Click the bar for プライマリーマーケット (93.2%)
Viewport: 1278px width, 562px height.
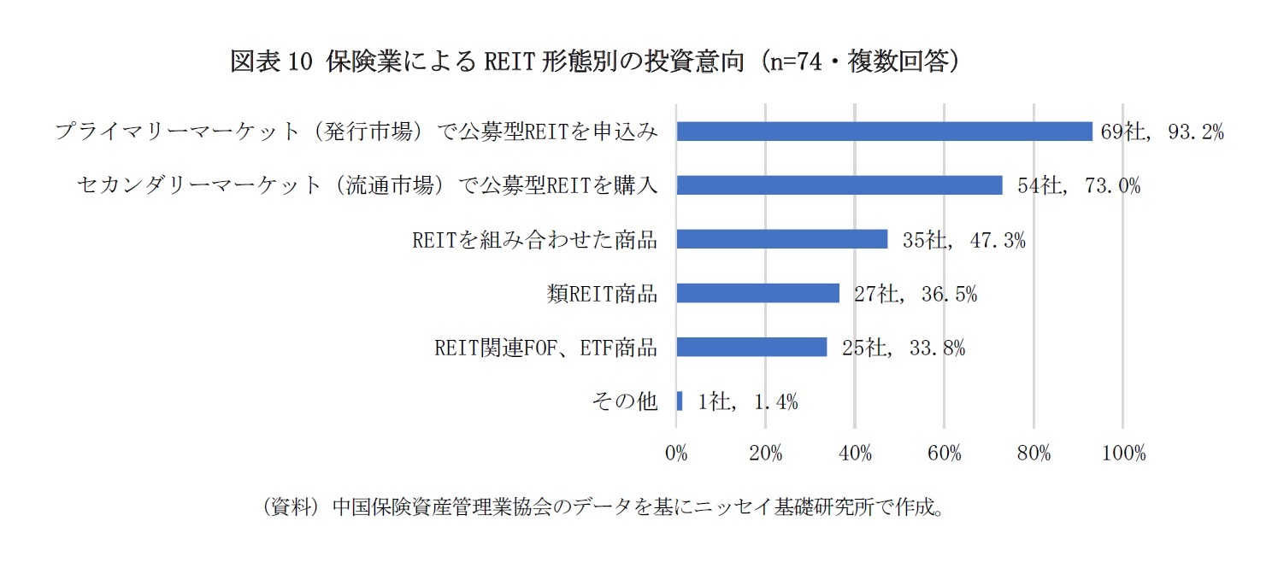click(x=884, y=132)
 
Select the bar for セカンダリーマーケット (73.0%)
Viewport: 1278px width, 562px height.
click(x=839, y=185)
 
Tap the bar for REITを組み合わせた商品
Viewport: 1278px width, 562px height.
click(x=781, y=239)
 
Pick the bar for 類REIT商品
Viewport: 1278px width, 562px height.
click(x=757, y=293)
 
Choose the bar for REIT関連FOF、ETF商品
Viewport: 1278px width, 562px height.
click(x=751, y=347)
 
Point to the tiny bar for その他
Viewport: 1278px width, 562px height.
click(x=680, y=401)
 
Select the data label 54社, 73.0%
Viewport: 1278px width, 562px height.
click(x=1079, y=185)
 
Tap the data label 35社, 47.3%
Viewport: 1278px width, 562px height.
click(x=963, y=240)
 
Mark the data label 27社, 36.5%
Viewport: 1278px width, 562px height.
click(x=915, y=294)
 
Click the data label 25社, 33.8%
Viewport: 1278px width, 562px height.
click(x=903, y=348)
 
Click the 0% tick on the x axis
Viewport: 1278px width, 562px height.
click(x=676, y=454)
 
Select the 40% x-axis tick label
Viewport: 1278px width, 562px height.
click(x=855, y=454)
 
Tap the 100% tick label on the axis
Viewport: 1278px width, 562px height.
click(x=1123, y=454)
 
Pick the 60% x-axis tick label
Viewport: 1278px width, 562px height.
click(x=945, y=454)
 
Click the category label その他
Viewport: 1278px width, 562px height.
click(x=625, y=401)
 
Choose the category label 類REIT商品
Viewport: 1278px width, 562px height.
click(x=602, y=293)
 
